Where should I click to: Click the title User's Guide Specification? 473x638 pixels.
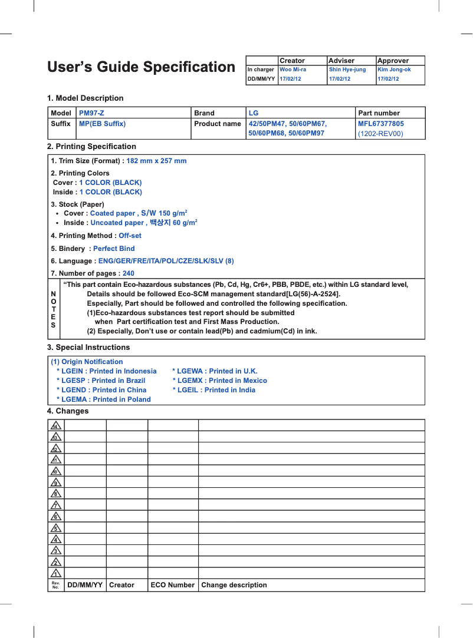[141, 67]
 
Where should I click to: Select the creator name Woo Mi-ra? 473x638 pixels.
[293, 70]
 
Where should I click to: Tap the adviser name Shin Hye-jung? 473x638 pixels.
[347, 70]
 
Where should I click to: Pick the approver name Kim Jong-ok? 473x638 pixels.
[394, 70]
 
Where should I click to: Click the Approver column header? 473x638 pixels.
[393, 61]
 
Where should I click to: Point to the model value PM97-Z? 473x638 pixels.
[92, 113]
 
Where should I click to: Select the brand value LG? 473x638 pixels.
[254, 113]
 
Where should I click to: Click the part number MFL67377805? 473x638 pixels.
[381, 124]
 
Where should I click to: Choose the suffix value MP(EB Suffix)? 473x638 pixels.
[103, 124]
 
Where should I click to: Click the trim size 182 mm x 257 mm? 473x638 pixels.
[157, 161]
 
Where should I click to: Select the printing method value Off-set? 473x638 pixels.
[130, 236]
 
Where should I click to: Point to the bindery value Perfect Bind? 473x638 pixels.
[114, 249]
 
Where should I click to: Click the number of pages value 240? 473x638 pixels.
[128, 273]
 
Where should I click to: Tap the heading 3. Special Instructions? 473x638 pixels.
[88, 348]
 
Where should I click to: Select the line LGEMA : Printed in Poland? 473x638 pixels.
[104, 399]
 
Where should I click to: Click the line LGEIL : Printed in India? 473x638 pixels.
[214, 390]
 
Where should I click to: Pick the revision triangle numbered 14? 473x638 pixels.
[56, 426]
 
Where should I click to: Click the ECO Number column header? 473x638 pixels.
[172, 585]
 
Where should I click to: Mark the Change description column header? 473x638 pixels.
[234, 585]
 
